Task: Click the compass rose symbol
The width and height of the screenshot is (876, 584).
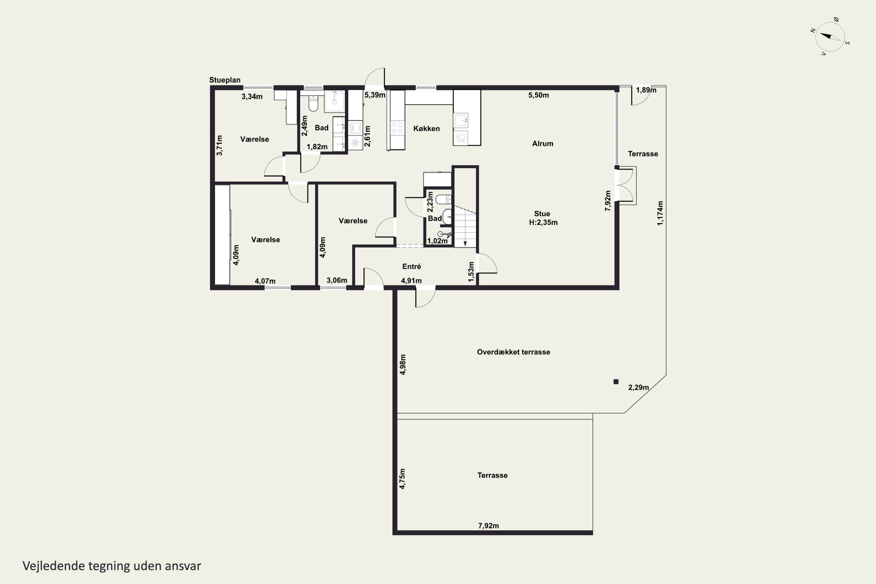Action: tap(830, 37)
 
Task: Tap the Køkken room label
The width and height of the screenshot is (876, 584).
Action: tap(426, 128)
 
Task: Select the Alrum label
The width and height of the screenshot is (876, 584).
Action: tap(543, 143)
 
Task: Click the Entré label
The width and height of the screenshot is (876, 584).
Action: tap(411, 266)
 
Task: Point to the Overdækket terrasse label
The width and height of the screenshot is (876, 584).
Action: tap(513, 352)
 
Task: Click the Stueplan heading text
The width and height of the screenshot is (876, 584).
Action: tap(225, 80)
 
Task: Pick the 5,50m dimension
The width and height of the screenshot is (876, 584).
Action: tap(538, 95)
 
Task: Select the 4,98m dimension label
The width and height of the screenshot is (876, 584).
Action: tap(403, 364)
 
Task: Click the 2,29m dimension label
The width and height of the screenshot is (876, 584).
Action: tap(638, 387)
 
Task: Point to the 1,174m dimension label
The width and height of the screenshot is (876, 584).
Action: tap(660, 213)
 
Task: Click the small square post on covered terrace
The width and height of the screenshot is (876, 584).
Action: tap(616, 381)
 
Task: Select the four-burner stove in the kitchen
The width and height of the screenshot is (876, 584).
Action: tap(397, 128)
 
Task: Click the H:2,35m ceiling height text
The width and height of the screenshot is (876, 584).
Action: tap(543, 222)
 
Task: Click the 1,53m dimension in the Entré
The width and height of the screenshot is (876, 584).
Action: tap(471, 272)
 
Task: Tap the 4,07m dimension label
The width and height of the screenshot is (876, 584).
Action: tap(265, 281)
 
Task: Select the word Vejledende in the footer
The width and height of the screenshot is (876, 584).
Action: tap(54, 566)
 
